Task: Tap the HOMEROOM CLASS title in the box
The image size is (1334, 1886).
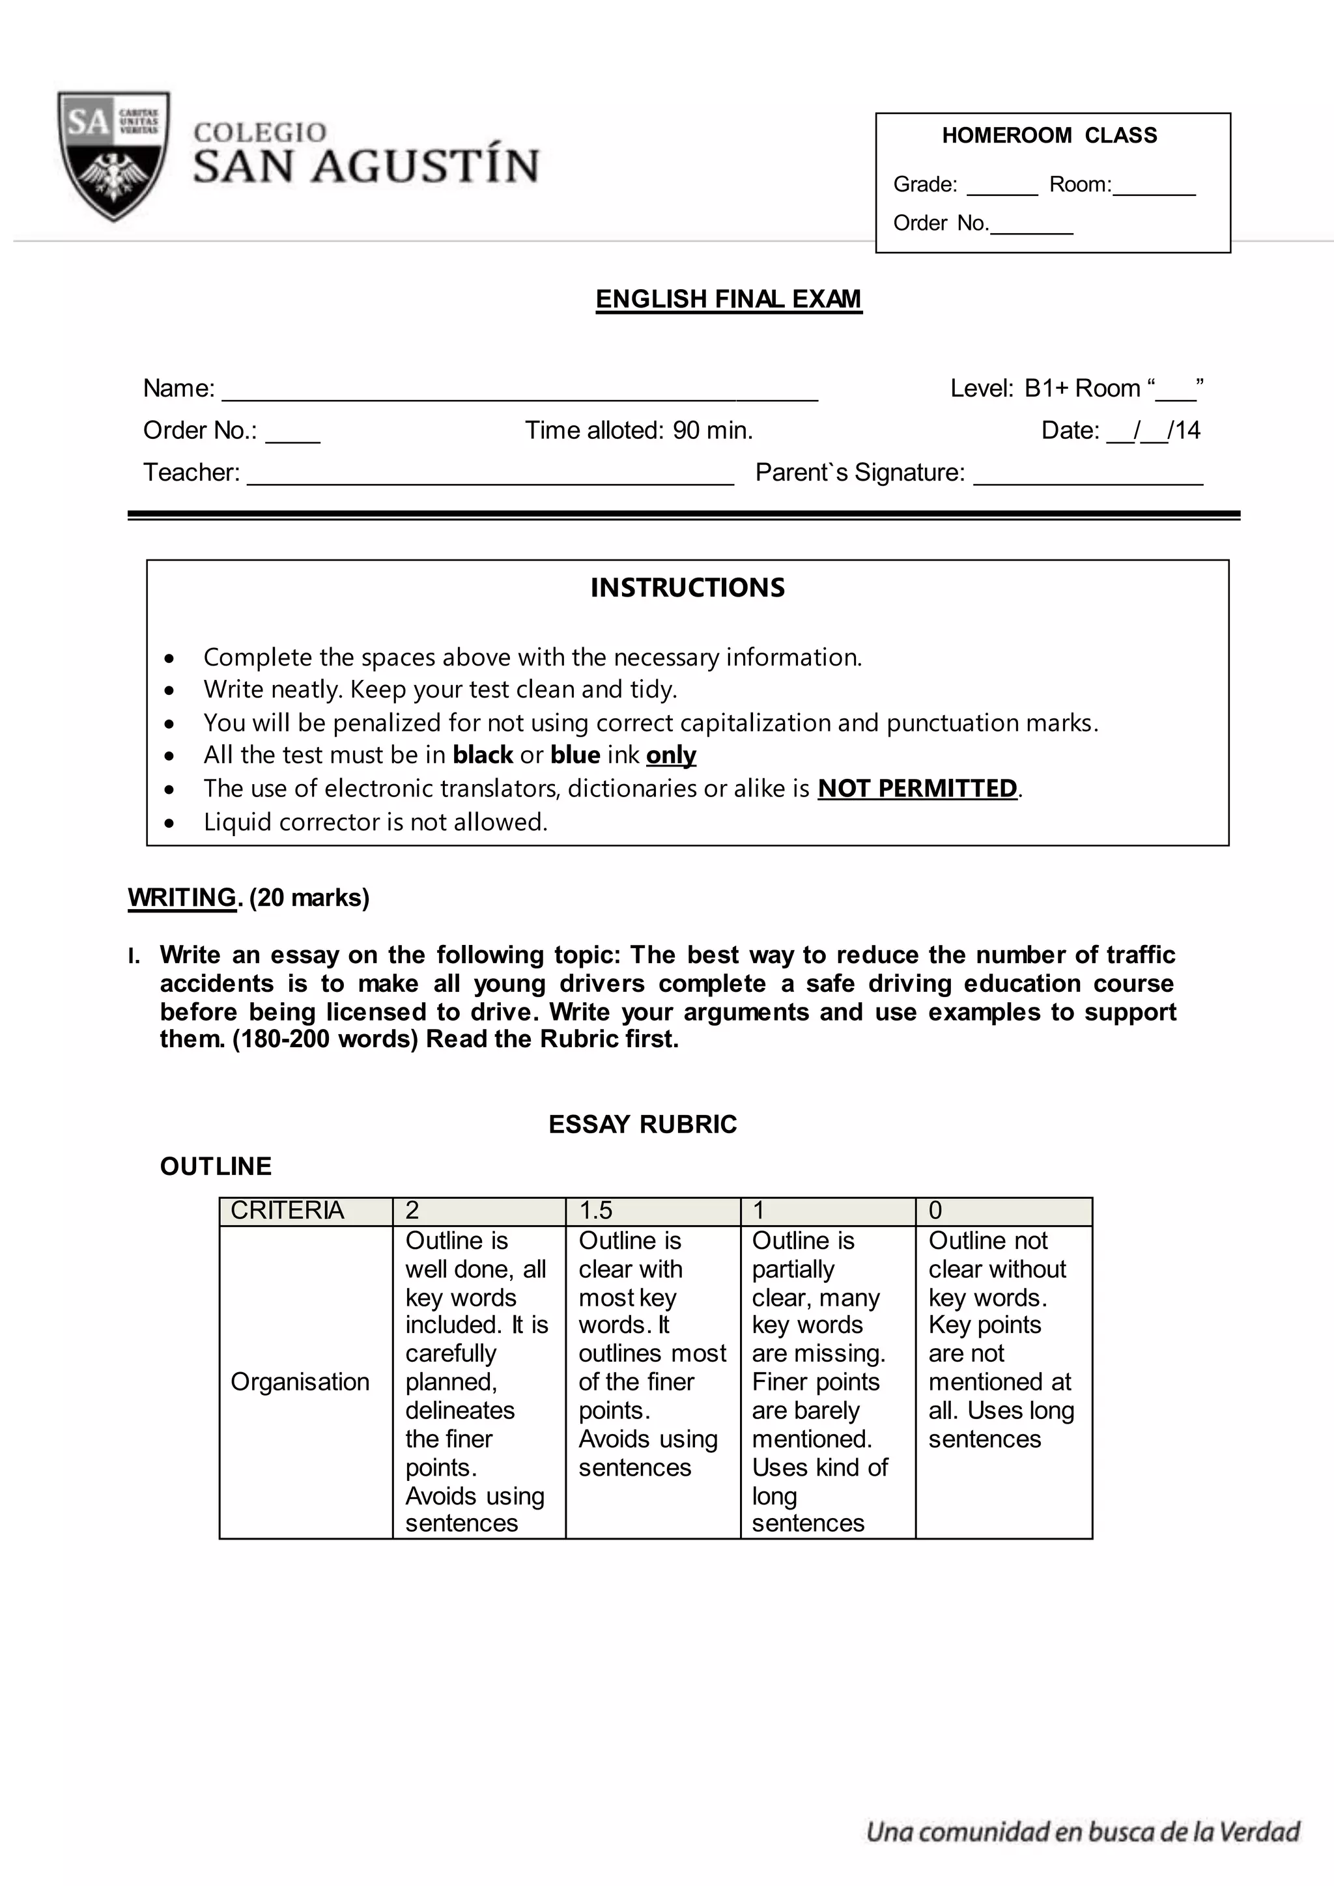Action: [1049, 135]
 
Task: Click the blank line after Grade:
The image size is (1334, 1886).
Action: [1002, 191]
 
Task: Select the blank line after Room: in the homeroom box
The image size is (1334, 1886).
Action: [1154, 191]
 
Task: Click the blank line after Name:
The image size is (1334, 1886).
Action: [520, 396]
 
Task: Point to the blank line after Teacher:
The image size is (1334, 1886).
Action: [490, 481]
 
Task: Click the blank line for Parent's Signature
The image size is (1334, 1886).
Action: [1088, 481]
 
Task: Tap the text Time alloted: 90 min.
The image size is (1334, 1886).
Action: [638, 430]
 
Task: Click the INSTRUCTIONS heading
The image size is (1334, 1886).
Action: [688, 587]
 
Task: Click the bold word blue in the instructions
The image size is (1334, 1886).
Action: [575, 754]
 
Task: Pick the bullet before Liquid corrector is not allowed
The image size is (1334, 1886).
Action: [169, 823]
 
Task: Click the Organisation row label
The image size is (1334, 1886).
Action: [300, 1382]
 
